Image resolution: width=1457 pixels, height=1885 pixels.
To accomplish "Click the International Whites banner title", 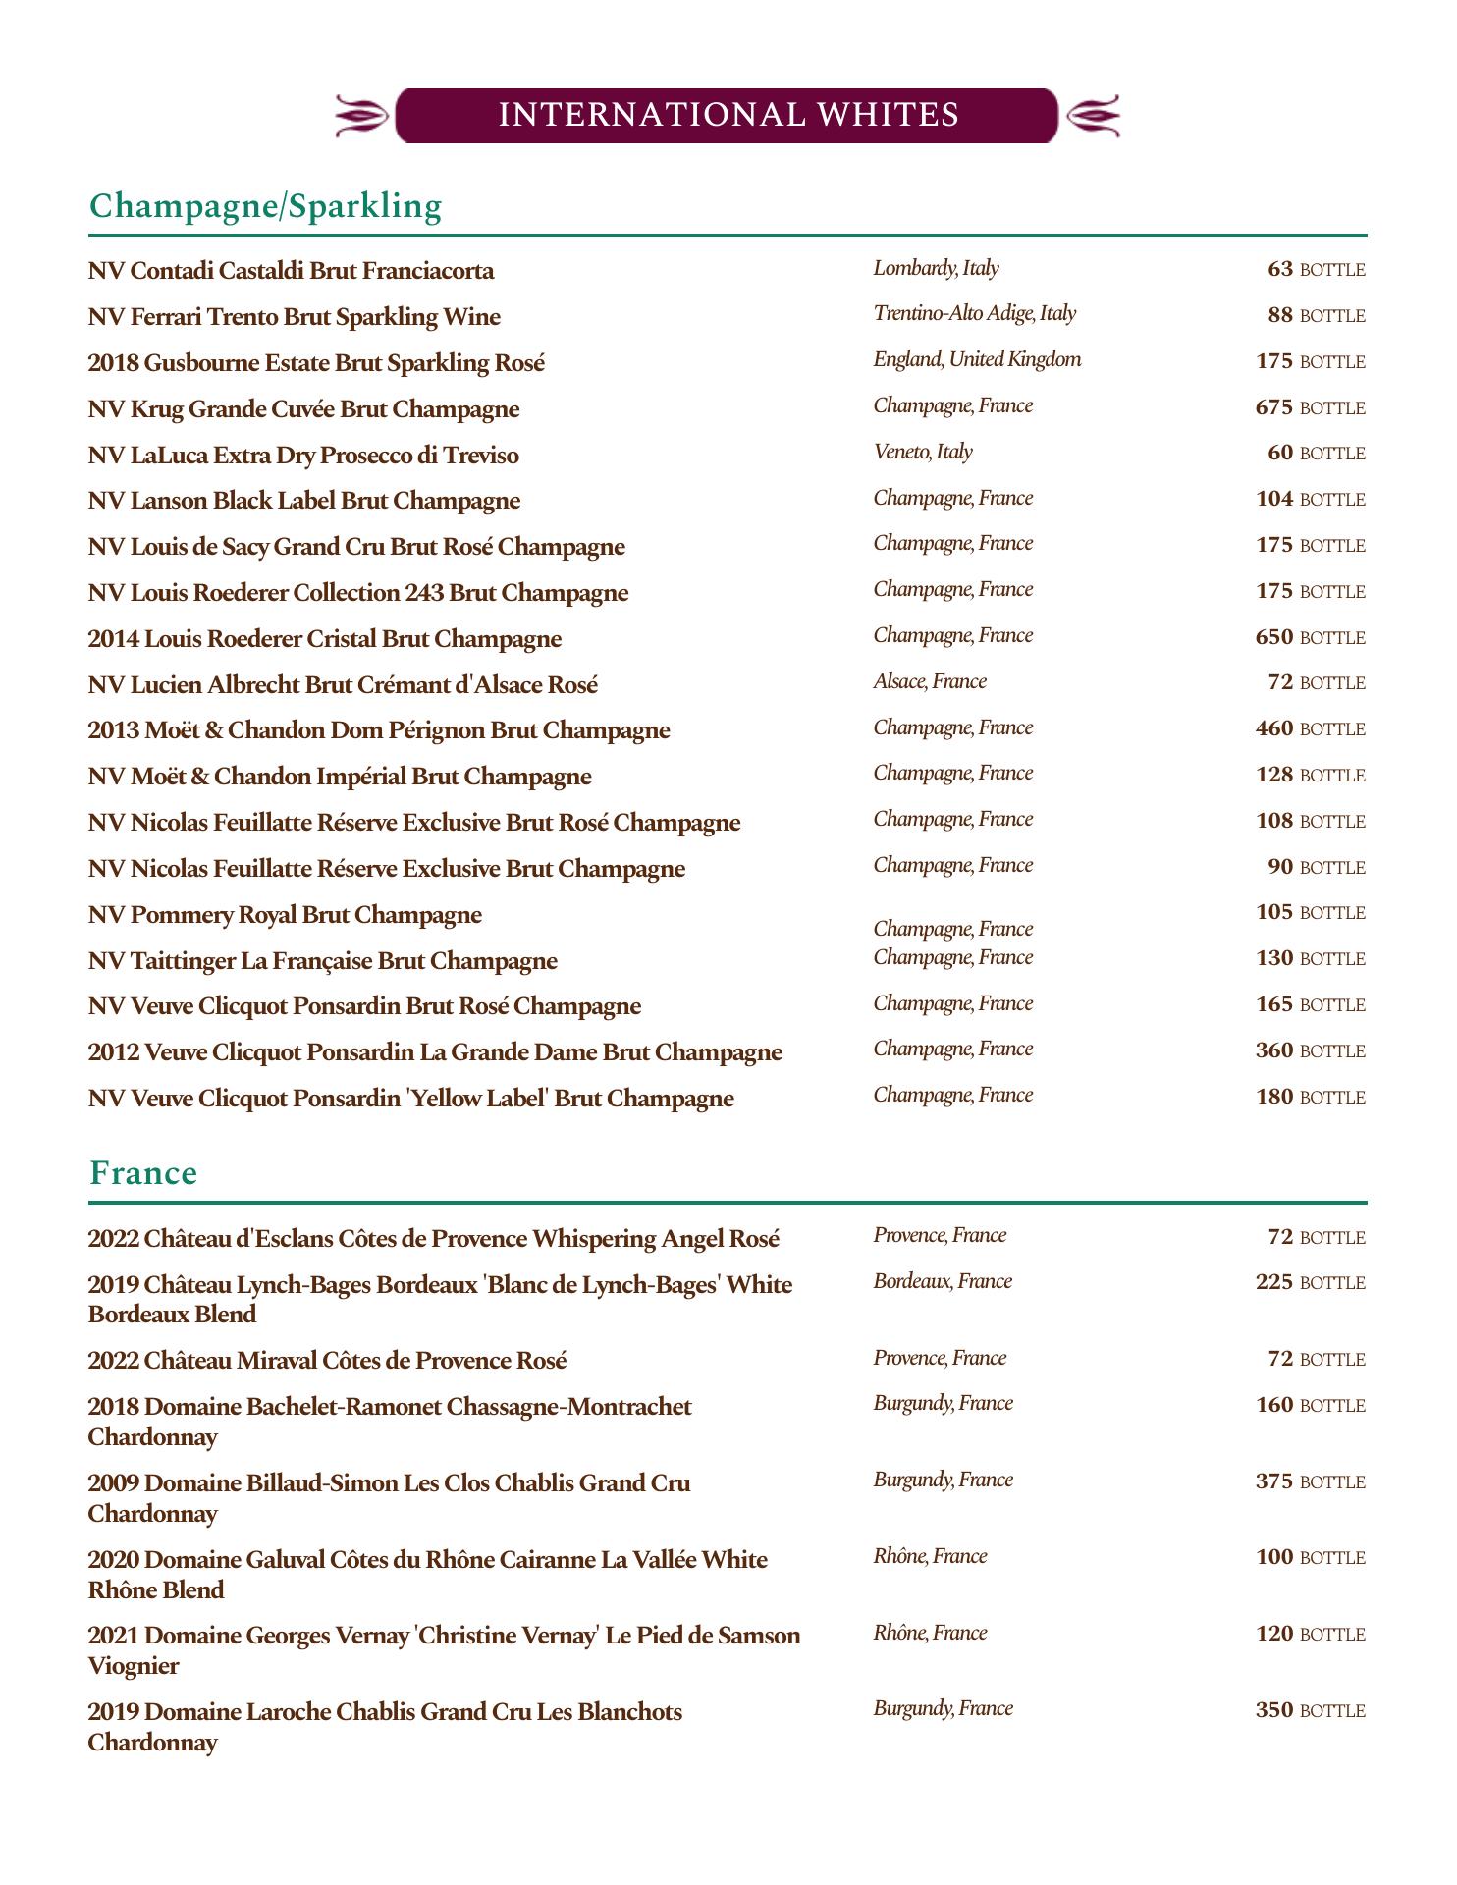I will point(728,115).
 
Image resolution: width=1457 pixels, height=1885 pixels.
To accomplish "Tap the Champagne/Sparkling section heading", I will point(265,206).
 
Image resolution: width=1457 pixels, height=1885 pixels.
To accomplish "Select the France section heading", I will point(143,1173).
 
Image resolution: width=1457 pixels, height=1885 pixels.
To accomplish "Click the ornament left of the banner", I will point(361,116).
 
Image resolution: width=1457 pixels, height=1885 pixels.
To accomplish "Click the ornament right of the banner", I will point(1092,116).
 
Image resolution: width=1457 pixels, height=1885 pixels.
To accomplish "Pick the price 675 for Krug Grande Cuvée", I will point(1274,407).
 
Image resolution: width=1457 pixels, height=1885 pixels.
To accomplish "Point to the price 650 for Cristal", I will point(1274,637).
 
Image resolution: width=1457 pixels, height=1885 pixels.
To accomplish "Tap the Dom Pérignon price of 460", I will point(1274,728).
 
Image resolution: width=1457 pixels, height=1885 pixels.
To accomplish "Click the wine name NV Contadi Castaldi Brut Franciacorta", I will point(291,271).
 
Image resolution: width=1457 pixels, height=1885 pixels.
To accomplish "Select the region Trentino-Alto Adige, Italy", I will point(974,313).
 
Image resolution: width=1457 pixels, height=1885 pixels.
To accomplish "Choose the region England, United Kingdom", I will point(977,359).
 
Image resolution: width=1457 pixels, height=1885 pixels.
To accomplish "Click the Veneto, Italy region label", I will point(922,452).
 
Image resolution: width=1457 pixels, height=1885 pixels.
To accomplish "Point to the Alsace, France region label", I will point(929,681).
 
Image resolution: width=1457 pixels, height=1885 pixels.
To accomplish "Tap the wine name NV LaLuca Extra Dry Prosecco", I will point(303,456).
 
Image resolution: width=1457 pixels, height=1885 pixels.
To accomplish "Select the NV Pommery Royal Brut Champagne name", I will point(285,915).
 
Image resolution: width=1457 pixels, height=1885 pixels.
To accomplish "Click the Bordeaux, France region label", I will point(942,1281).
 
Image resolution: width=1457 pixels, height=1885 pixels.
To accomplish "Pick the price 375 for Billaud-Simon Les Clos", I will point(1274,1481).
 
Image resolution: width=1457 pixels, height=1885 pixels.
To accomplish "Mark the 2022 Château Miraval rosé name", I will point(327,1361).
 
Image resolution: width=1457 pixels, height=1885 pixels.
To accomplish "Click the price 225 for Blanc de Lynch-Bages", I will point(1274,1282).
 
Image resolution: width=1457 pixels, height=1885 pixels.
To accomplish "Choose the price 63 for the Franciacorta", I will point(1280,269).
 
